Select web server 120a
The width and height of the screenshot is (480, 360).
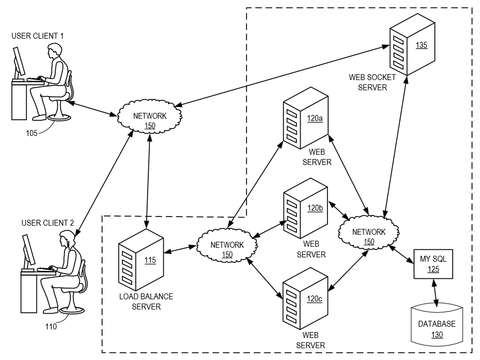[x=305, y=119]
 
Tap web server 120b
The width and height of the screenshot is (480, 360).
[x=305, y=209]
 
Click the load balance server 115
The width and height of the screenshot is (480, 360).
[x=141, y=261]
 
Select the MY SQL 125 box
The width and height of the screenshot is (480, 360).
[x=433, y=264]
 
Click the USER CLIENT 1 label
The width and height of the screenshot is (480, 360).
[x=38, y=36]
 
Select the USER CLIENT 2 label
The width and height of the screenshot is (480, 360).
[x=48, y=222]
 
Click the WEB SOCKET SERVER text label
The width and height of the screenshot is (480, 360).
[x=372, y=82]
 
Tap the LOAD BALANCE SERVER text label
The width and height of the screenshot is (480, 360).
[x=146, y=301]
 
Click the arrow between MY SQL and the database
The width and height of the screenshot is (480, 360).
[x=435, y=292]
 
